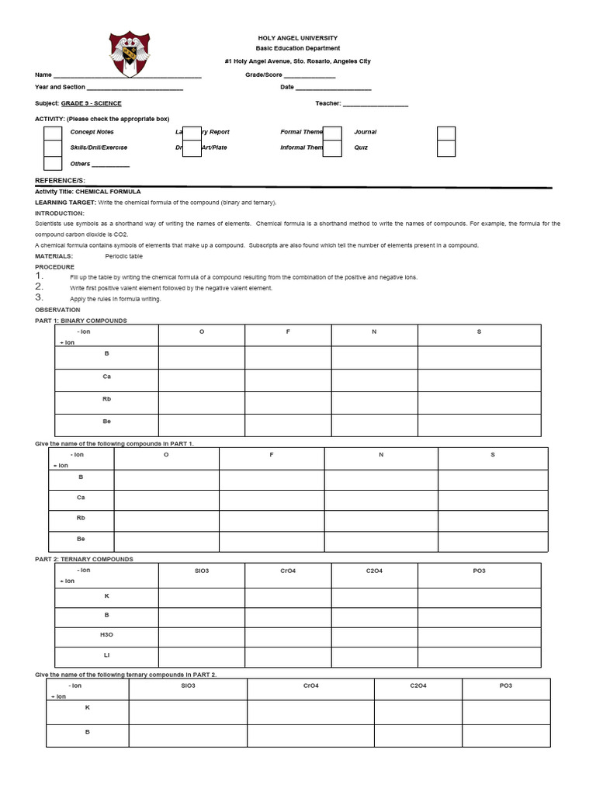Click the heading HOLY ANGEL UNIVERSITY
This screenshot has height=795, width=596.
click(x=298, y=38)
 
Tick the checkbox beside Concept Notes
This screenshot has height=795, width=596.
click(x=53, y=133)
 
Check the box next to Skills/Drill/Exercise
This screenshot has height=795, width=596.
click(x=53, y=148)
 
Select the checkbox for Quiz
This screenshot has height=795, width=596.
click(x=445, y=148)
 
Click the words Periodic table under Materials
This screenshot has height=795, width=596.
click(x=123, y=256)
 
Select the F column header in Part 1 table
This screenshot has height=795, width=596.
click(x=288, y=332)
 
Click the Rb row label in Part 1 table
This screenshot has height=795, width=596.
click(x=107, y=399)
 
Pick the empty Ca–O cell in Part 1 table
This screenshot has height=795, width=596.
click(x=202, y=380)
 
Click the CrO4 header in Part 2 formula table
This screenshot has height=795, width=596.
click(x=288, y=571)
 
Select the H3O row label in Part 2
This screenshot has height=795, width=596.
click(x=107, y=635)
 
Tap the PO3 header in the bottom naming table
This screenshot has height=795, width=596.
click(x=506, y=686)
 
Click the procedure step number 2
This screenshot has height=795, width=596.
click(x=40, y=286)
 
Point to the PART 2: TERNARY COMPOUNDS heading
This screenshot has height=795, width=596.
click(x=85, y=559)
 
